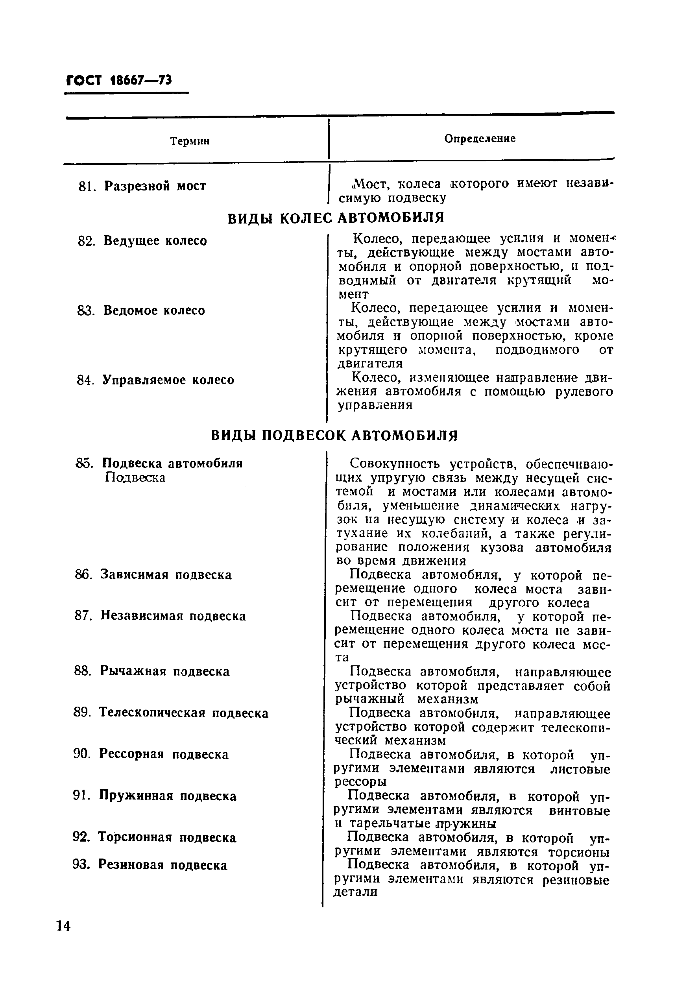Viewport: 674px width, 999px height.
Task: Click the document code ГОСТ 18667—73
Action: [119, 80]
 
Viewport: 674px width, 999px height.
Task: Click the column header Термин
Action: [190, 141]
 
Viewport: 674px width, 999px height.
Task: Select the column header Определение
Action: [480, 138]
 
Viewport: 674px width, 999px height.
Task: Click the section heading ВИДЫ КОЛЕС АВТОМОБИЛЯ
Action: [336, 218]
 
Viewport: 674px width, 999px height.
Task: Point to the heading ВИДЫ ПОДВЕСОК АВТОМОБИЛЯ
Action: [334, 436]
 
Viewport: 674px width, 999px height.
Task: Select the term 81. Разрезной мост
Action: [142, 186]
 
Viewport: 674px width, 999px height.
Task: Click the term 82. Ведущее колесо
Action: [142, 241]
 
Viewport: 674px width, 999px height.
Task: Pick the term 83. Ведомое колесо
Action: [141, 310]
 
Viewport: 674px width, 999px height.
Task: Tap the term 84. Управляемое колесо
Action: [155, 380]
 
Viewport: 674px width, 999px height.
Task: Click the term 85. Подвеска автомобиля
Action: [159, 463]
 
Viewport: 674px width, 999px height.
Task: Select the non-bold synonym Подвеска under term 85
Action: [135, 478]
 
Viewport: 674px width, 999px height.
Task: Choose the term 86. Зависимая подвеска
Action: [153, 575]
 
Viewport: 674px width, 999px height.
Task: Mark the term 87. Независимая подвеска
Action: [160, 616]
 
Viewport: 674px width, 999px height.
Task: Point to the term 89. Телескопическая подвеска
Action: [171, 713]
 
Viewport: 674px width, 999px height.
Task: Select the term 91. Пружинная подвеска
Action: [155, 796]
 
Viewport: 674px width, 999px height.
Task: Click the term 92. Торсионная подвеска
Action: [154, 837]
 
